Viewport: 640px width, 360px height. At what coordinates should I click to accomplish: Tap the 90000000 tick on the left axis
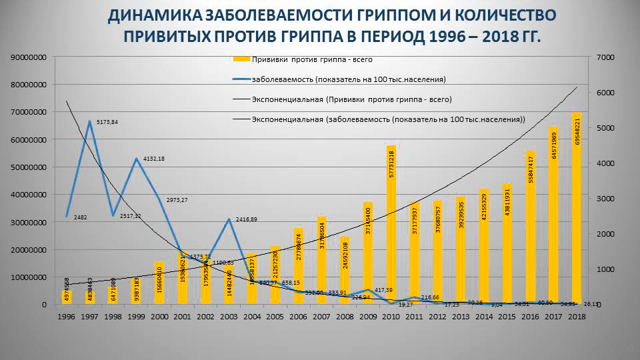point(27,57)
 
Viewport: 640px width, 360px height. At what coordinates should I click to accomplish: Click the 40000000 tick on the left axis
point(27,195)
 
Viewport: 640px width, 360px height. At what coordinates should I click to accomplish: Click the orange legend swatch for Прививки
point(242,59)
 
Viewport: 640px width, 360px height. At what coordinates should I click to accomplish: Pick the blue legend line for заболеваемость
point(241,79)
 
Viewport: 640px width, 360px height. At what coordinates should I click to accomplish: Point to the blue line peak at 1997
point(89,121)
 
